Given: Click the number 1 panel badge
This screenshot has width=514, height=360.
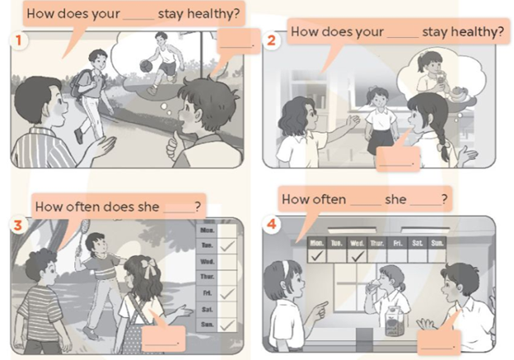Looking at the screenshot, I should [15, 38].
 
